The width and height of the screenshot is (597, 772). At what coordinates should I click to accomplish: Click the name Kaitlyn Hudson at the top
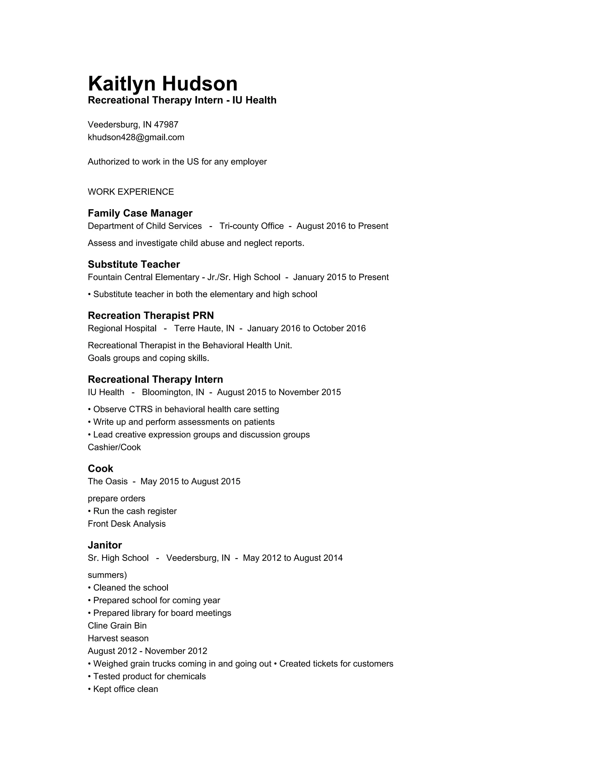[162, 84]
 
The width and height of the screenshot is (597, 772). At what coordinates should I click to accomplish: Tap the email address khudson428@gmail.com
[136, 137]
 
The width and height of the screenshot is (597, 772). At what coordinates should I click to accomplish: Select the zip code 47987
[166, 124]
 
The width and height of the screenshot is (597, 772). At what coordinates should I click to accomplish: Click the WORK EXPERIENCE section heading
[131, 192]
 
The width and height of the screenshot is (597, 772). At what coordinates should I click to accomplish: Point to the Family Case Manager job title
[140, 213]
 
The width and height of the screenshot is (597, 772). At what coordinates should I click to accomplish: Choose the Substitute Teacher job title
[134, 265]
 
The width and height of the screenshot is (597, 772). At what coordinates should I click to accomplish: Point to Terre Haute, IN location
[204, 328]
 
